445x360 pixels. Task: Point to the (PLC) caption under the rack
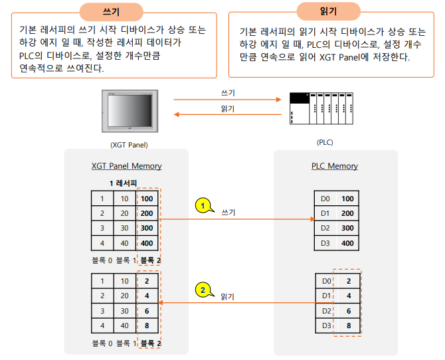pos(325,142)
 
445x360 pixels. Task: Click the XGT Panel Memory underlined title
pos(126,166)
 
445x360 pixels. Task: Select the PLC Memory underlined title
pos(335,166)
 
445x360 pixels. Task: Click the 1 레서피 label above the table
pos(126,183)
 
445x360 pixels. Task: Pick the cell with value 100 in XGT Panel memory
pos(147,198)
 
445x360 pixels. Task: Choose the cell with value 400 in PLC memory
pos(347,242)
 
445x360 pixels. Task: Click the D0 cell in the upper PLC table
pos(324,199)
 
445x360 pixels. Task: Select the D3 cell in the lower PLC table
pos(324,325)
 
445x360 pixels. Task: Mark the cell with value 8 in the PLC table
pos(347,325)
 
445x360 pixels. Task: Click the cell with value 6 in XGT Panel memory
pos(147,311)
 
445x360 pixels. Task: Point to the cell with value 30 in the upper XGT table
pos(124,228)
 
